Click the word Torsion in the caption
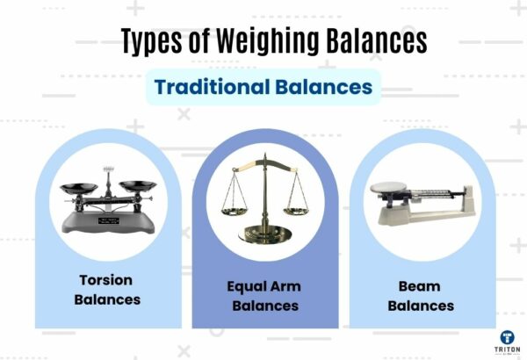(x=107, y=282)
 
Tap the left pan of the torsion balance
(x=79, y=186)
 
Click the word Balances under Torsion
(x=107, y=299)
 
